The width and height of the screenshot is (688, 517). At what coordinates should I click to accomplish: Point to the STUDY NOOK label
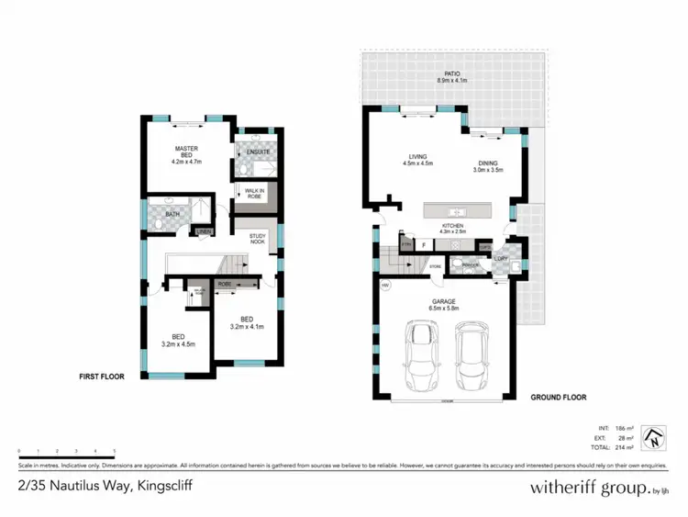click(x=258, y=241)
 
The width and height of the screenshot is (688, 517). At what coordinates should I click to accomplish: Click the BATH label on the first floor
click(x=172, y=213)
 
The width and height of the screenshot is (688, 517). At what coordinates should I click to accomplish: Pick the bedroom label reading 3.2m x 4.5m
click(x=179, y=340)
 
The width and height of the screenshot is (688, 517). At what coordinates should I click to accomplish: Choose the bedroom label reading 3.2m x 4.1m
click(x=245, y=322)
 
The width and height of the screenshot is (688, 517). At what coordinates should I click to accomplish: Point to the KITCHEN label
click(x=451, y=229)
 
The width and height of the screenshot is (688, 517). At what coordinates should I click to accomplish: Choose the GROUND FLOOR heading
click(x=558, y=398)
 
